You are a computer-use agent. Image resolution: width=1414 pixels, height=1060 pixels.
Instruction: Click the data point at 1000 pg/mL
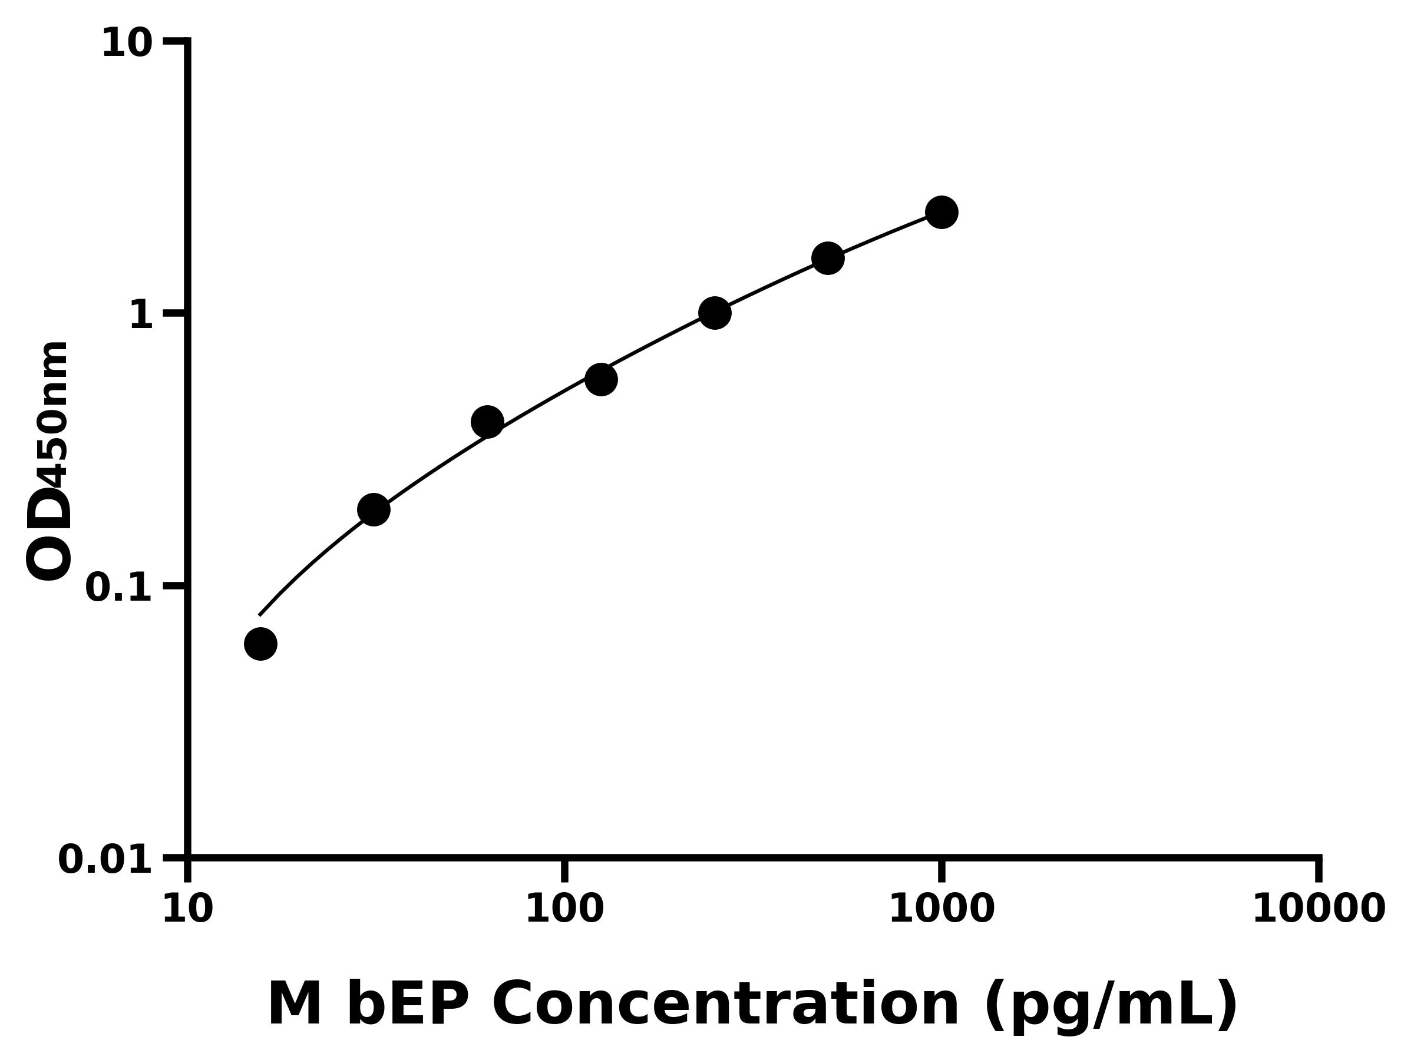[941, 212]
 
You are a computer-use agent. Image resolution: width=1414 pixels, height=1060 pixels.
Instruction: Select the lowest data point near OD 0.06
[261, 644]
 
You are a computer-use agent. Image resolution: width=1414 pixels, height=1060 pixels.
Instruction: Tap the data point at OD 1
[715, 313]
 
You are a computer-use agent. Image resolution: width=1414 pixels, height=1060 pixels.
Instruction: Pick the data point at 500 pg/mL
[828, 258]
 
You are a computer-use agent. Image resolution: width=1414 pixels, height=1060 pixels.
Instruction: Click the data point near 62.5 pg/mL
[487, 422]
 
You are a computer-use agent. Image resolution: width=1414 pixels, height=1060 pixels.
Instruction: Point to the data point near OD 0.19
[374, 510]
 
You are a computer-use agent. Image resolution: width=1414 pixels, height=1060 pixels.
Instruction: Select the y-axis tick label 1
[141, 316]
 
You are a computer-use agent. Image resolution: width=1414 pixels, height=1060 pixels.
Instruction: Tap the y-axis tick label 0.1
[119, 588]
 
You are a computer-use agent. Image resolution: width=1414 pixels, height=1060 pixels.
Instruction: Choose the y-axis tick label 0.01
[105, 860]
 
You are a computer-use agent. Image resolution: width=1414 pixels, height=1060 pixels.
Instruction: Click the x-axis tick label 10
[187, 909]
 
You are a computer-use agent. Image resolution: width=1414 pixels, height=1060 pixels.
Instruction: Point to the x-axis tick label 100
[564, 909]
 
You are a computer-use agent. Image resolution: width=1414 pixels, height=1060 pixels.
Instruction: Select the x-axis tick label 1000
[941, 909]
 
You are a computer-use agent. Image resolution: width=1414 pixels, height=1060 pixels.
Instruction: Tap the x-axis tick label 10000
[1319, 909]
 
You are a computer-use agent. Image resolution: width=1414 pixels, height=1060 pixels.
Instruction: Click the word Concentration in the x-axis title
[725, 1005]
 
